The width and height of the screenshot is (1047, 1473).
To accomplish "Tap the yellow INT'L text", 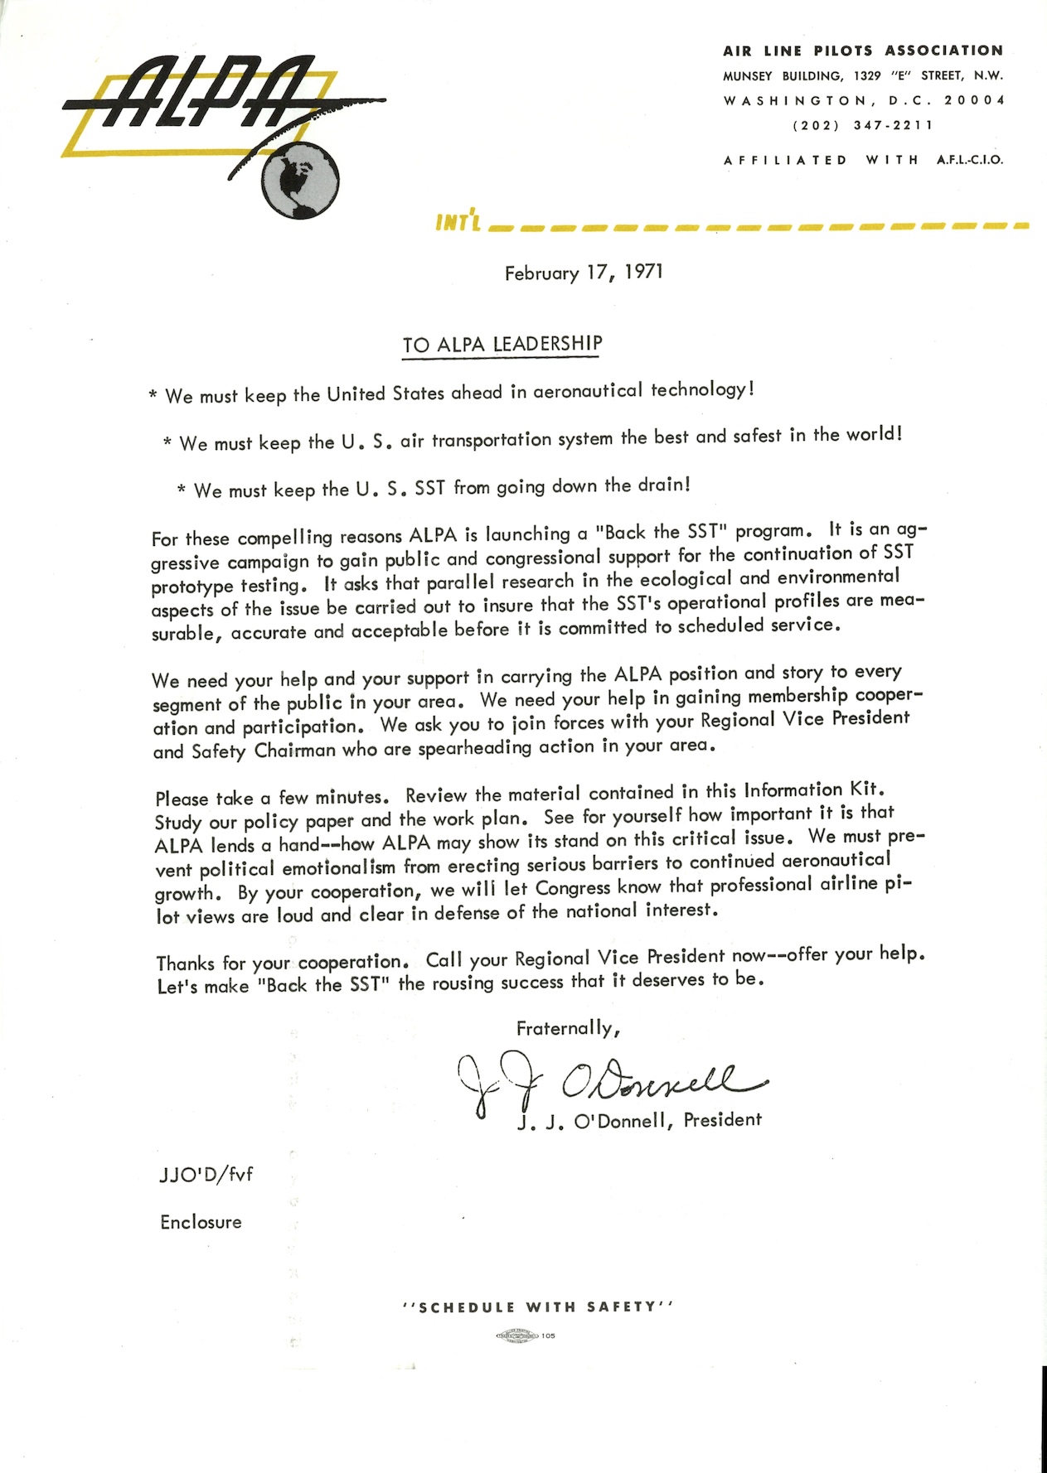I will (458, 221).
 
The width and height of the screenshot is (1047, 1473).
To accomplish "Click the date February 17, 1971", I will (584, 273).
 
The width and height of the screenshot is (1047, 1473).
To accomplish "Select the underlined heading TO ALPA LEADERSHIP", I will (502, 344).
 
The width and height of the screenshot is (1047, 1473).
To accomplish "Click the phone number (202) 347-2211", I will (863, 126).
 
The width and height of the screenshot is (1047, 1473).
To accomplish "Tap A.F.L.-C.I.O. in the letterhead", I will (969, 160).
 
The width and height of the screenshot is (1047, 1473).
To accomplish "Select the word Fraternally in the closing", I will (567, 1029).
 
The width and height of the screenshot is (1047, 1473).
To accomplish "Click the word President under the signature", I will (722, 1120).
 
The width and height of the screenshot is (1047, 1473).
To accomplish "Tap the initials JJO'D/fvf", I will (206, 1175).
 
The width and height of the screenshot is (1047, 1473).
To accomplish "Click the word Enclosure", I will (201, 1222).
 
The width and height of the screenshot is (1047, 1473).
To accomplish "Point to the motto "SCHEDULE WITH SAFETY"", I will (537, 1307).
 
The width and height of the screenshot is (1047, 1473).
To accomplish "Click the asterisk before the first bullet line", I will (153, 396).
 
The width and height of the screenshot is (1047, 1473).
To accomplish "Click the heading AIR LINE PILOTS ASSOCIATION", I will (863, 51).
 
